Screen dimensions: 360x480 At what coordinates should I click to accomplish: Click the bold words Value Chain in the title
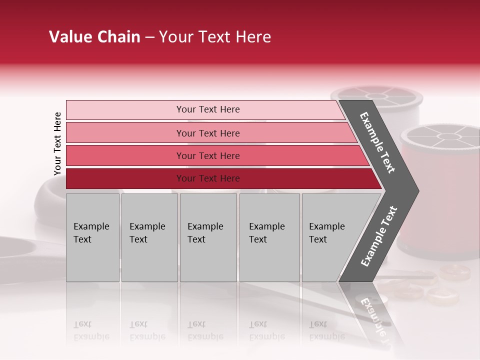pos(94,37)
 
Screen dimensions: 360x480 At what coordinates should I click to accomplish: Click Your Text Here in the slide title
pos(215,37)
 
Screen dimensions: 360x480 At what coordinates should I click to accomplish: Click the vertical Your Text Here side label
pos(57,144)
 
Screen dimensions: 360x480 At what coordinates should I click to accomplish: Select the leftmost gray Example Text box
pos(92,237)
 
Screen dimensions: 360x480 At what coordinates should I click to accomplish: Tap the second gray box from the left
pos(149,237)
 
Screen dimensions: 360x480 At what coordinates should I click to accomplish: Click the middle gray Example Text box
pos(208,237)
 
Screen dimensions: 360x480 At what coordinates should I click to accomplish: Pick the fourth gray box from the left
pos(269,237)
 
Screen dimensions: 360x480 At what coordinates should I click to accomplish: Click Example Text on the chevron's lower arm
pos(378,236)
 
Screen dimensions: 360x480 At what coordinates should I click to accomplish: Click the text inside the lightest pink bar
pos(208,109)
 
